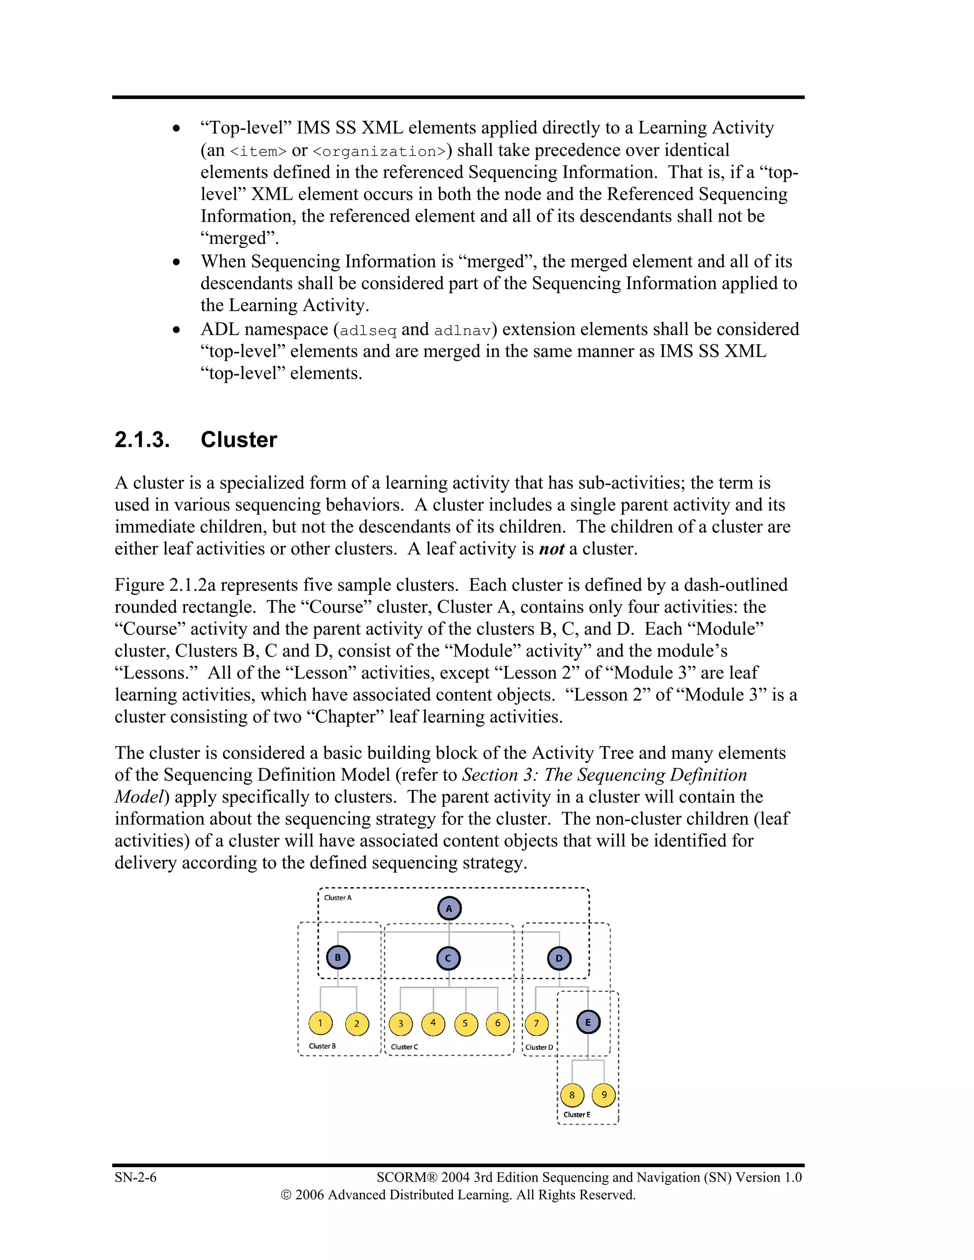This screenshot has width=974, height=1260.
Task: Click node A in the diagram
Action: point(449,908)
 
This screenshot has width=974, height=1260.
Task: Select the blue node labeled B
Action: point(338,958)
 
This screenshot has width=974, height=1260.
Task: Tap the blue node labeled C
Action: point(448,958)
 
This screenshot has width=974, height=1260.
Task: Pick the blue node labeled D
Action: point(558,958)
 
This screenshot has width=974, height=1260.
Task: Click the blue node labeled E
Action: point(588,1022)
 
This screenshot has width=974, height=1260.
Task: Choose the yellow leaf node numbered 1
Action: point(320,1023)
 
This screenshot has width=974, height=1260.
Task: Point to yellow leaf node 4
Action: point(433,1023)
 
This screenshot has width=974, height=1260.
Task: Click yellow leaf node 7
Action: point(536,1024)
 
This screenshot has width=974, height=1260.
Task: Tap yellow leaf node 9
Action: point(604,1095)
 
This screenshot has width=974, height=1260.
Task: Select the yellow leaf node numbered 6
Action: point(497,1023)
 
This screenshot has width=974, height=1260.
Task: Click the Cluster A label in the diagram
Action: point(338,898)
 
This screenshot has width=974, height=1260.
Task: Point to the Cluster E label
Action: point(576,1115)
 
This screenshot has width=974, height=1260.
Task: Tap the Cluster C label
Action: point(404,1047)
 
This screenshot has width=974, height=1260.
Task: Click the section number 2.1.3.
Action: point(142,440)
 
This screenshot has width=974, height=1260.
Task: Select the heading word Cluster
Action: point(238,440)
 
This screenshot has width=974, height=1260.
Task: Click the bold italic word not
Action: point(551,549)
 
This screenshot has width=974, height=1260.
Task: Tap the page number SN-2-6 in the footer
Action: point(136,1177)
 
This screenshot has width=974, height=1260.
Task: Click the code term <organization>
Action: point(379,152)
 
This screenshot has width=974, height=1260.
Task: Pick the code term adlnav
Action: point(462,330)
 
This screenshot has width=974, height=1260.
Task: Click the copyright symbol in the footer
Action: point(286,1195)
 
